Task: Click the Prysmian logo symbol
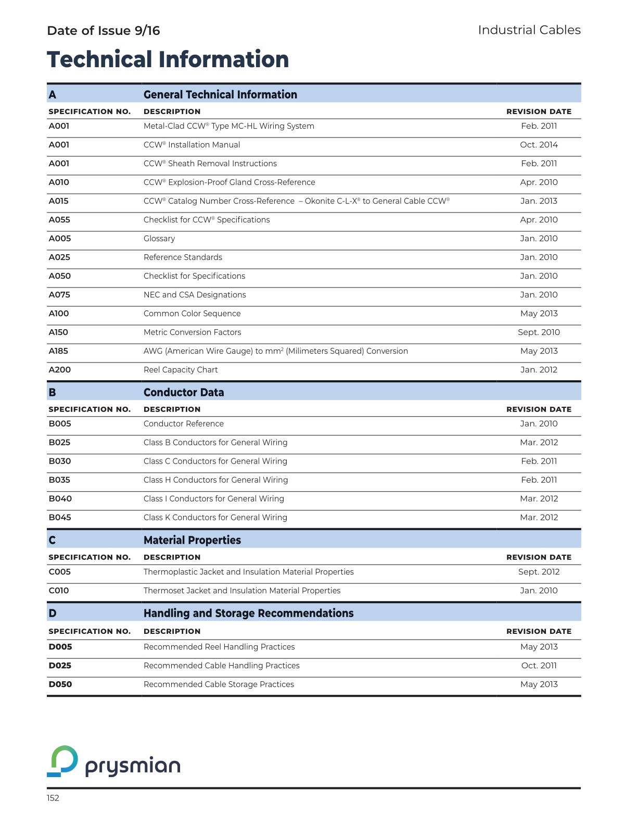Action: point(62,761)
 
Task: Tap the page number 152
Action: point(53,798)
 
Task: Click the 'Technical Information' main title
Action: point(168,59)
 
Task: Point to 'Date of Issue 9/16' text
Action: point(104,31)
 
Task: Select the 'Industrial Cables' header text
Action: point(529,30)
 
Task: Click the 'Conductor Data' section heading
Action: point(184,392)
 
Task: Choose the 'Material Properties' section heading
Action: point(192,540)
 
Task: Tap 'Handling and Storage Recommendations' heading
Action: point(248,613)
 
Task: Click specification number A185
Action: point(58,351)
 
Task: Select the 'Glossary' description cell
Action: point(159,239)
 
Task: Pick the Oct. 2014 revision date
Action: point(539,145)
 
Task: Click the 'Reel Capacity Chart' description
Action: point(181,370)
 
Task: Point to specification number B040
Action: point(60,498)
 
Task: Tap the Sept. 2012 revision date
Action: point(539,572)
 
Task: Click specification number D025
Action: point(60,666)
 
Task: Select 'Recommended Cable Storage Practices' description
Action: point(219,684)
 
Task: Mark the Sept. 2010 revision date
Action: point(539,332)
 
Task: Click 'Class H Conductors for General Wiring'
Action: point(215,480)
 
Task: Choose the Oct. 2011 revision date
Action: point(539,666)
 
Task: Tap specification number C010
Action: point(59,591)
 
